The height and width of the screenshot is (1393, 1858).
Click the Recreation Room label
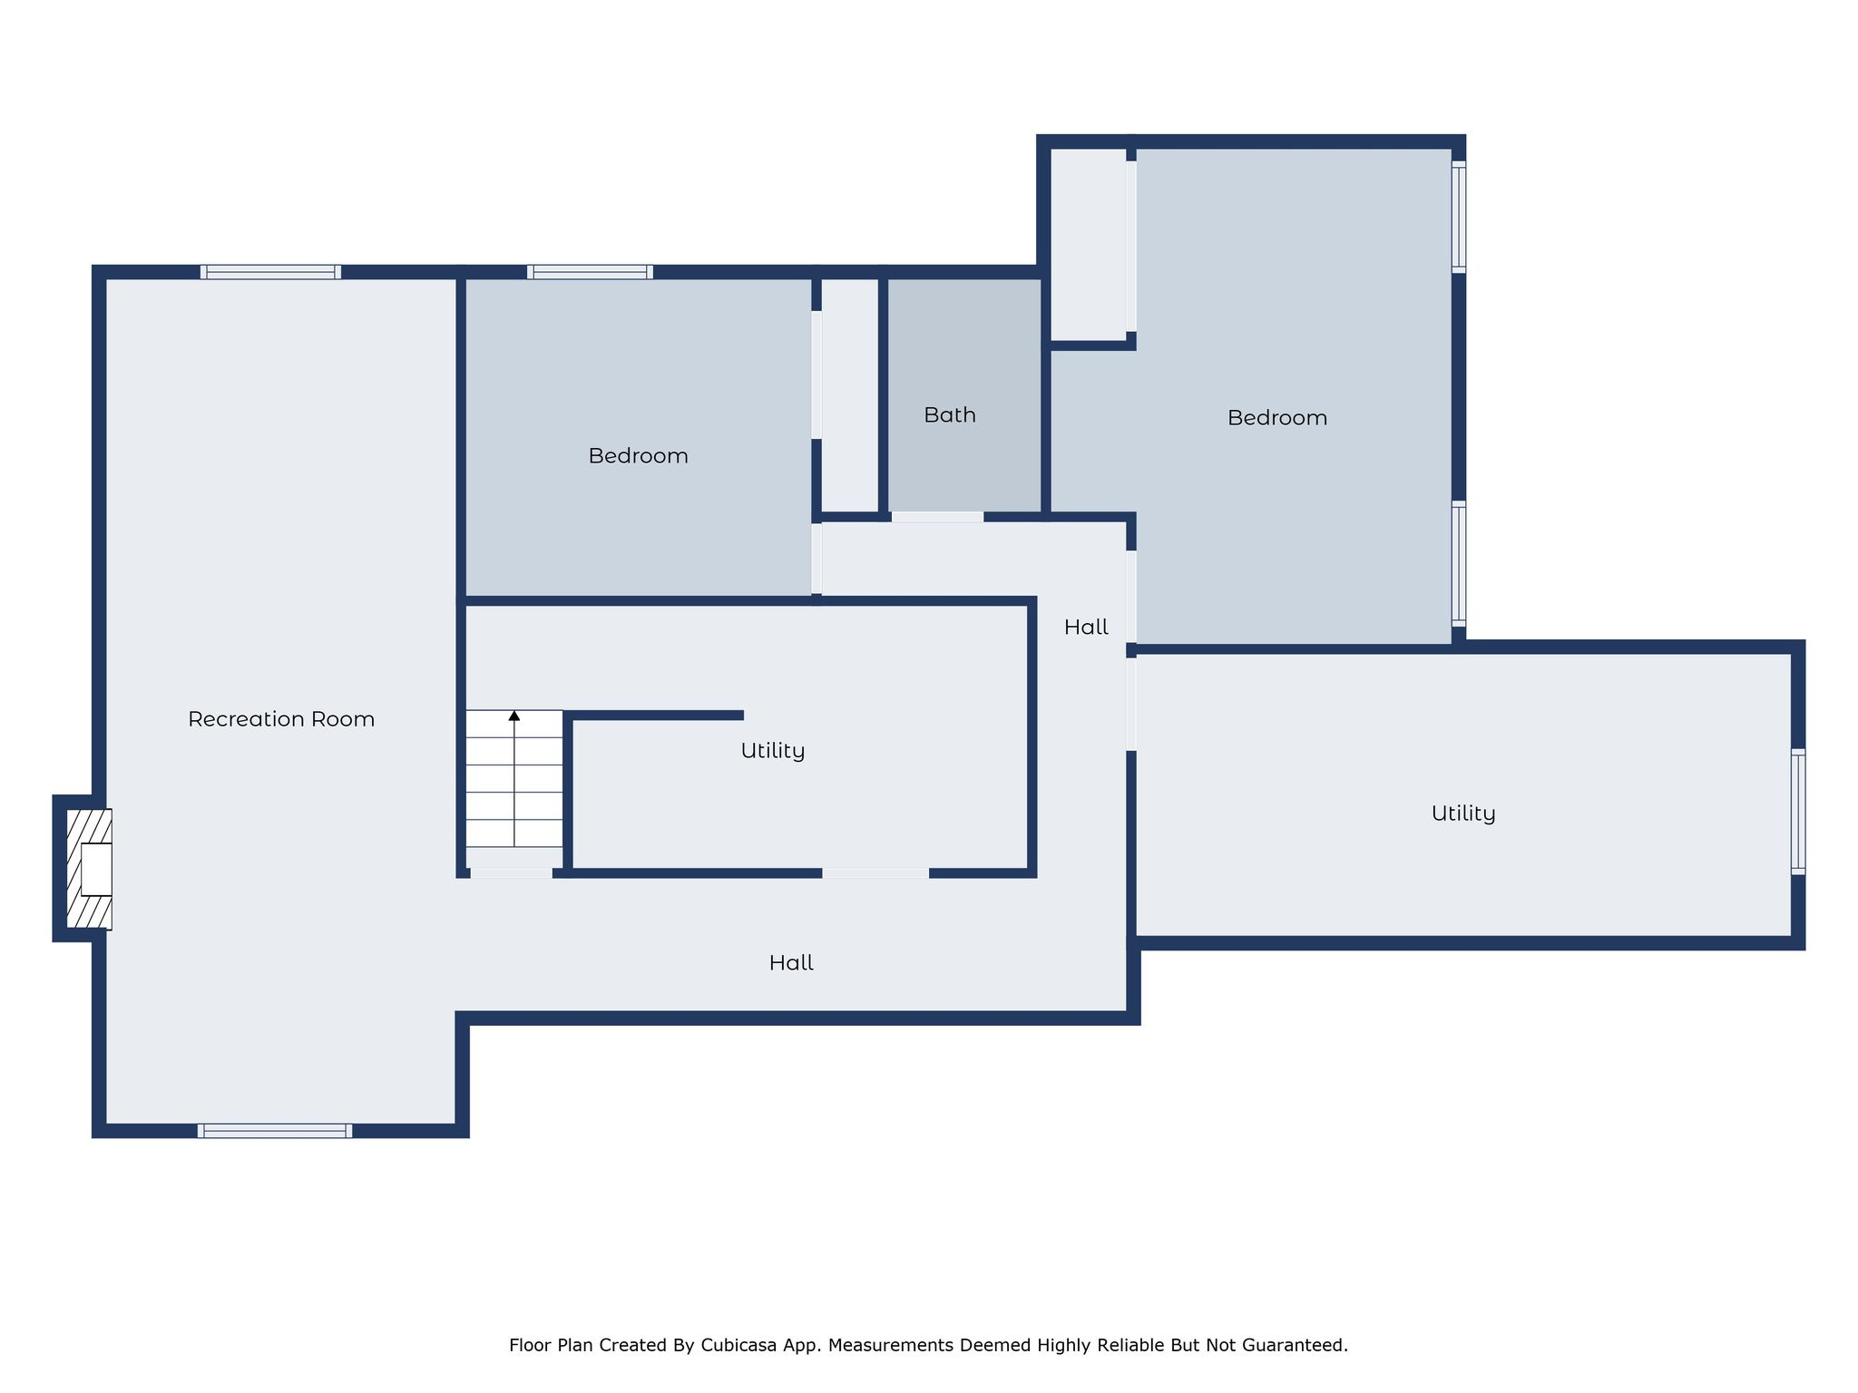[x=281, y=719]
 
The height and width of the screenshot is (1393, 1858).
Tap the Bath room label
[x=950, y=415]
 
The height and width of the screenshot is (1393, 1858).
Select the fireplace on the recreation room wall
[x=89, y=869]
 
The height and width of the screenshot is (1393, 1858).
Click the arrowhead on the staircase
[x=514, y=716]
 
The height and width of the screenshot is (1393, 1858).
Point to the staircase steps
[x=514, y=780]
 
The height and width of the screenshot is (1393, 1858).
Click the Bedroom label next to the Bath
[x=638, y=456]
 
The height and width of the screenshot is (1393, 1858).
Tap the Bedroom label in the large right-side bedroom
[x=1276, y=418]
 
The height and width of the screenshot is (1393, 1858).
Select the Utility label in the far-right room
[x=1462, y=813]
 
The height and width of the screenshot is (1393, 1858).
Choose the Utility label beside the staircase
[x=772, y=751]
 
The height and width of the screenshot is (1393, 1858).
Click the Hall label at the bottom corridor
[x=791, y=963]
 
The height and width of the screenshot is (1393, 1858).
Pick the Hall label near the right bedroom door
[x=1086, y=628]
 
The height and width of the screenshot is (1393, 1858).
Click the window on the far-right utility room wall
[x=1797, y=812]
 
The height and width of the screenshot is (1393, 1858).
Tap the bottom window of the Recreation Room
[x=275, y=1130]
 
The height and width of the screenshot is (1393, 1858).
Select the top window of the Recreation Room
[x=270, y=272]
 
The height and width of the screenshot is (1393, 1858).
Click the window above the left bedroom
[x=590, y=272]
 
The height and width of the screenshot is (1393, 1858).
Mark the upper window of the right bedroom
[x=1458, y=217]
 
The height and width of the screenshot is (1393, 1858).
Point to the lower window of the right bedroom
[x=1458, y=563]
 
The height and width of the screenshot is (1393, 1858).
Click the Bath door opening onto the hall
[x=937, y=517]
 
